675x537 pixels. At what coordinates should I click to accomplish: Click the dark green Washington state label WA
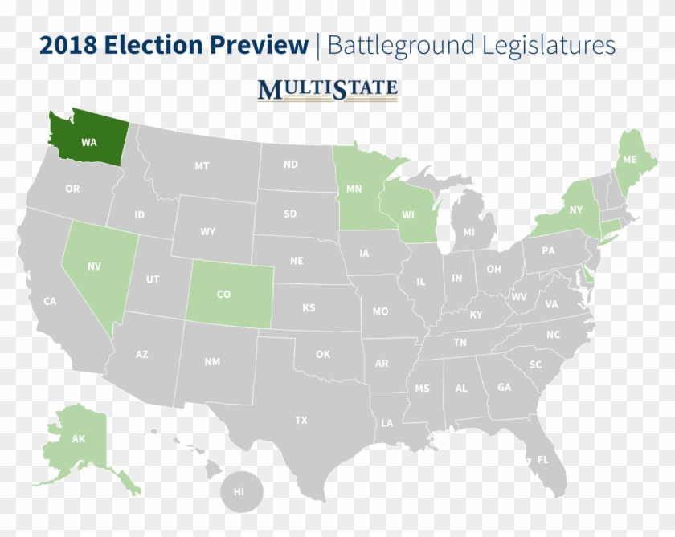88,142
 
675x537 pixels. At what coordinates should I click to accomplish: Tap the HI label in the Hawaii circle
239,491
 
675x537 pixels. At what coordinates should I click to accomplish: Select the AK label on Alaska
79,439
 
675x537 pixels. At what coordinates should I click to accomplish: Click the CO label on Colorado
223,295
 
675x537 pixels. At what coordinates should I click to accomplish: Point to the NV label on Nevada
94,266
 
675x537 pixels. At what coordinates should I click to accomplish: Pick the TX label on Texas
301,420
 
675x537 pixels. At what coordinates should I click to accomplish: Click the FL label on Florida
543,460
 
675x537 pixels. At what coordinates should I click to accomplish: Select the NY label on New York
575,210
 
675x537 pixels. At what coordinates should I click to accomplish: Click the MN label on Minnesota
354,190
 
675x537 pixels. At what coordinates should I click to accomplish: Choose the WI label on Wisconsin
408,215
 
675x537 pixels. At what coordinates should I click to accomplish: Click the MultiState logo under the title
327,89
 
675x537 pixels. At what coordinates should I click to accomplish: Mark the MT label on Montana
202,166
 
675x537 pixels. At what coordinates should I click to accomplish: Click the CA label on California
50,301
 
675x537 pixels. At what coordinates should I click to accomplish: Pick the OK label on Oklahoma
322,354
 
